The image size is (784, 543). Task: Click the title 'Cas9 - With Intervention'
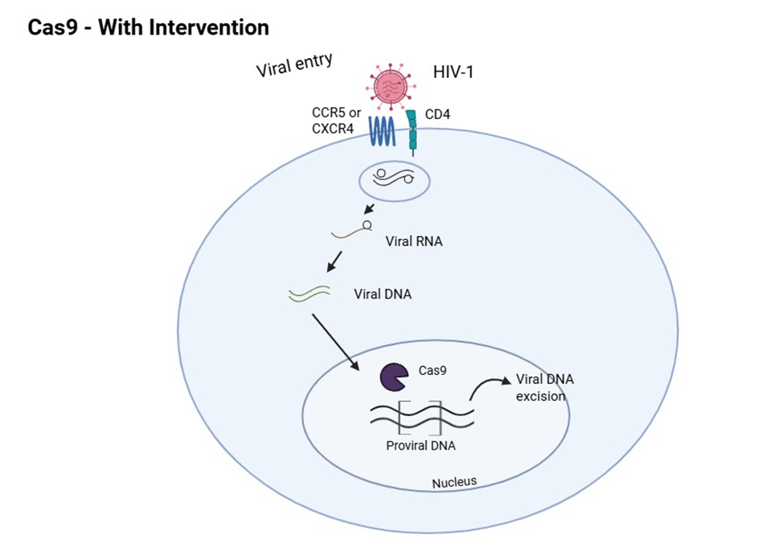click(x=148, y=27)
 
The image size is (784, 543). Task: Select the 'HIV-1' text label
click(x=454, y=72)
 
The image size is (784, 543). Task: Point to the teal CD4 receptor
click(x=412, y=131)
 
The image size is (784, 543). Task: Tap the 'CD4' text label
click(x=437, y=115)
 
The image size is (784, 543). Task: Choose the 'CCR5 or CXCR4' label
click(x=336, y=121)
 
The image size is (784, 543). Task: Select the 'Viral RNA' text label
click(x=414, y=241)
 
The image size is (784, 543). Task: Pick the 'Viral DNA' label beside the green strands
click(x=383, y=294)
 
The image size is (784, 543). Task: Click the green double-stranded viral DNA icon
click(x=308, y=294)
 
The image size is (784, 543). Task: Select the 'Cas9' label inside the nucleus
click(x=433, y=371)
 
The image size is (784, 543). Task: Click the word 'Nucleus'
click(x=454, y=482)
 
